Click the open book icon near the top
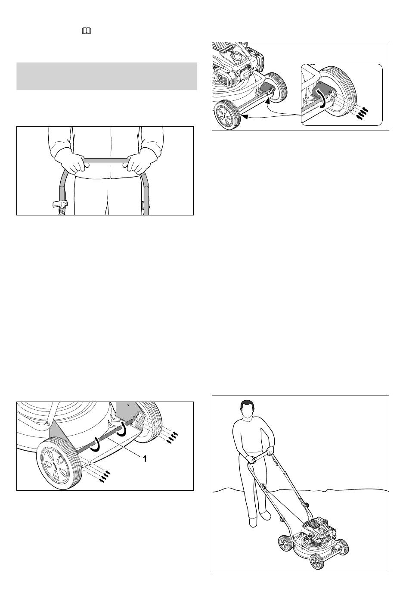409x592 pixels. (87, 31)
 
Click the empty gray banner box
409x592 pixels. (107, 76)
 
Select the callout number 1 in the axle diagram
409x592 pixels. (144, 458)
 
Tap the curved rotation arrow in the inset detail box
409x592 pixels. (322, 99)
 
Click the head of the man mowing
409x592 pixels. (247, 409)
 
